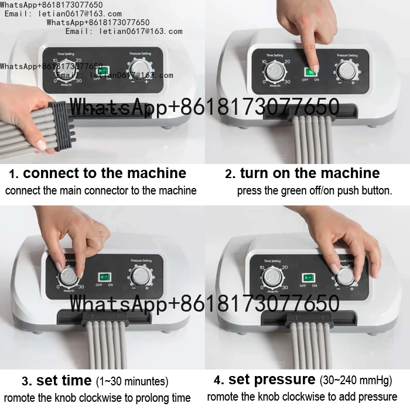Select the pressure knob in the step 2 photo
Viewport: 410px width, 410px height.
(x=346, y=71)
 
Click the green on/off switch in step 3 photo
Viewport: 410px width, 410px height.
(x=104, y=275)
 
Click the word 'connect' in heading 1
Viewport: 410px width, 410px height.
(x=52, y=173)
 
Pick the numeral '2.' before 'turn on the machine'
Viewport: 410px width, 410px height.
(x=230, y=174)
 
